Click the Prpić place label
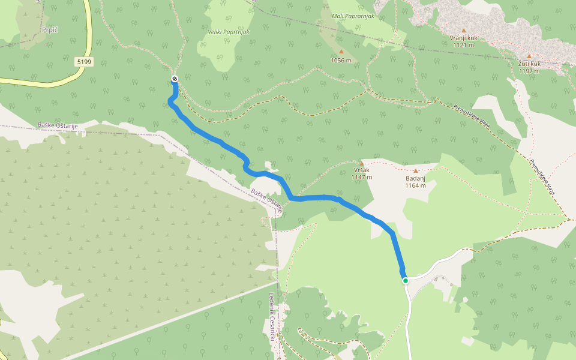[49, 29]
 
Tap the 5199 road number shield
[84, 62]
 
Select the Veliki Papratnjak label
[229, 31]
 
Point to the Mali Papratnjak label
[353, 16]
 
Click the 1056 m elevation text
[341, 60]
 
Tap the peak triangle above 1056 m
[341, 52]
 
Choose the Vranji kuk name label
[463, 37]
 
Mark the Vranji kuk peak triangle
[463, 29]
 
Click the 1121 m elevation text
[463, 45]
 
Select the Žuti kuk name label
[529, 64]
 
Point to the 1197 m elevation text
[529, 71]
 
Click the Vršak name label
[361, 170]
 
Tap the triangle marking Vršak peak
[361, 163]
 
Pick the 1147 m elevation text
[361, 178]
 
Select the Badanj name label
[415, 178]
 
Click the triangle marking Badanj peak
[415, 170]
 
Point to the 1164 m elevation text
[415, 185]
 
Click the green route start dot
[406, 280]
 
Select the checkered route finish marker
[175, 79]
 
